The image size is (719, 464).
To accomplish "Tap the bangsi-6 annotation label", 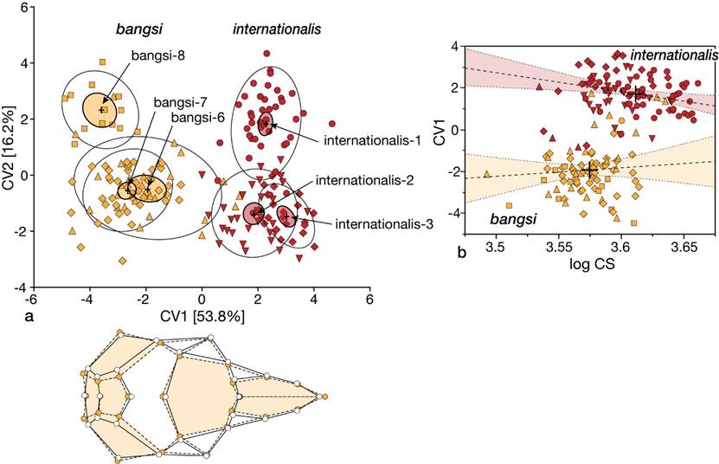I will (195, 119).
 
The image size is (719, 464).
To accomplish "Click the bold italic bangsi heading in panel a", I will (135, 29).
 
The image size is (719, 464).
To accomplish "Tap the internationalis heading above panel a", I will (277, 29).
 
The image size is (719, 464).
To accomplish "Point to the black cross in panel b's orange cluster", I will (589, 170).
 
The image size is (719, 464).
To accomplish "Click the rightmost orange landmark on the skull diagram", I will (325, 397).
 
